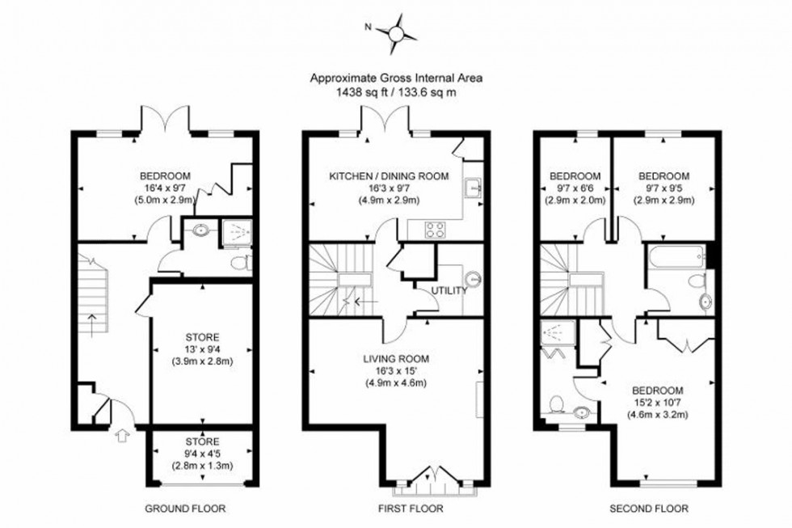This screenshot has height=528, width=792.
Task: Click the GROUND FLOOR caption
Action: coord(185,509)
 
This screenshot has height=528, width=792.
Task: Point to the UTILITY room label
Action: coord(450,289)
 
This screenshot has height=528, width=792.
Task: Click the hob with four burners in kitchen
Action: coord(435,227)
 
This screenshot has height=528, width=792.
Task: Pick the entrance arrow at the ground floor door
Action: coord(122,436)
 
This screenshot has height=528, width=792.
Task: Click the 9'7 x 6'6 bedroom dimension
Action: coord(575,188)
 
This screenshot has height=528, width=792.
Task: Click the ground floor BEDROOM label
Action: coord(165,176)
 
